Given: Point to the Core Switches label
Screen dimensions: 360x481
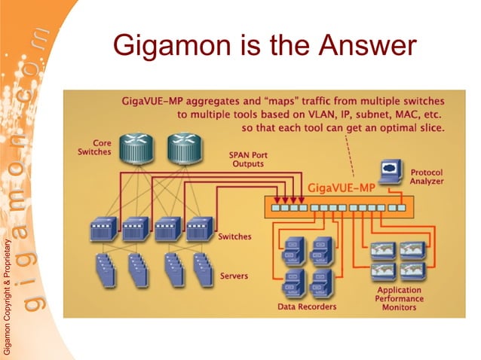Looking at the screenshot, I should [x=94, y=147].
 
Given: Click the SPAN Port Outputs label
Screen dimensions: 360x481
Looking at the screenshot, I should [x=248, y=160].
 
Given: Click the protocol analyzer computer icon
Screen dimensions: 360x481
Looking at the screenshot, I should [x=391, y=170].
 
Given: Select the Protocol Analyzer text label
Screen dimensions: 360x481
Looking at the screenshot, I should [x=426, y=176].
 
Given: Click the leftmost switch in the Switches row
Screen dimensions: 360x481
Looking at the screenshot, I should [x=102, y=228].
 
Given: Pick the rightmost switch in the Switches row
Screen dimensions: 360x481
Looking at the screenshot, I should [x=198, y=228].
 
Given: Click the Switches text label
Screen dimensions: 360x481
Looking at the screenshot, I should [x=234, y=236].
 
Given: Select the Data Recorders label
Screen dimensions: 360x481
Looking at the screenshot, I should [x=307, y=307].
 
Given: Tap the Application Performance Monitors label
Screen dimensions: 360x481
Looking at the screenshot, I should [x=400, y=298].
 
